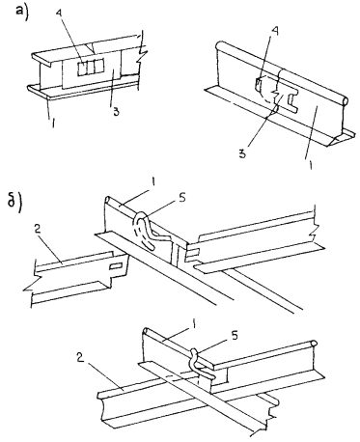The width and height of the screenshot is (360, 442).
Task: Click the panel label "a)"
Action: tap(23, 13)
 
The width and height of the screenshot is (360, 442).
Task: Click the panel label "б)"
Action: tap(14, 203)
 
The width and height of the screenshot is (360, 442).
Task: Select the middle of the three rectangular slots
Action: tap(92, 68)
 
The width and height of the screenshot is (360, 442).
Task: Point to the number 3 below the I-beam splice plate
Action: tap(116, 112)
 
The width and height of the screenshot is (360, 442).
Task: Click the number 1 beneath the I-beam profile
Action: tap(53, 123)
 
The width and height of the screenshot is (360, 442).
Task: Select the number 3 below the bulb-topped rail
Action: tap(242, 153)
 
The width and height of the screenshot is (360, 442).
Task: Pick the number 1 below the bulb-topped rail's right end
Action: tap(310, 165)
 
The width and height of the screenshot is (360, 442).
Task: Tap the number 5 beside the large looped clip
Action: tap(181, 199)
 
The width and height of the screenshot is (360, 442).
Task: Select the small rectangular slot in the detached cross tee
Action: tap(116, 266)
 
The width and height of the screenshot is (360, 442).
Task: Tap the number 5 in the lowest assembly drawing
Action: tap(235, 336)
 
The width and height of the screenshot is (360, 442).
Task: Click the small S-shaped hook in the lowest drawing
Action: tap(200, 364)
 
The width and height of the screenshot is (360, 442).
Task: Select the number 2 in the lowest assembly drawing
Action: tap(80, 357)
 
